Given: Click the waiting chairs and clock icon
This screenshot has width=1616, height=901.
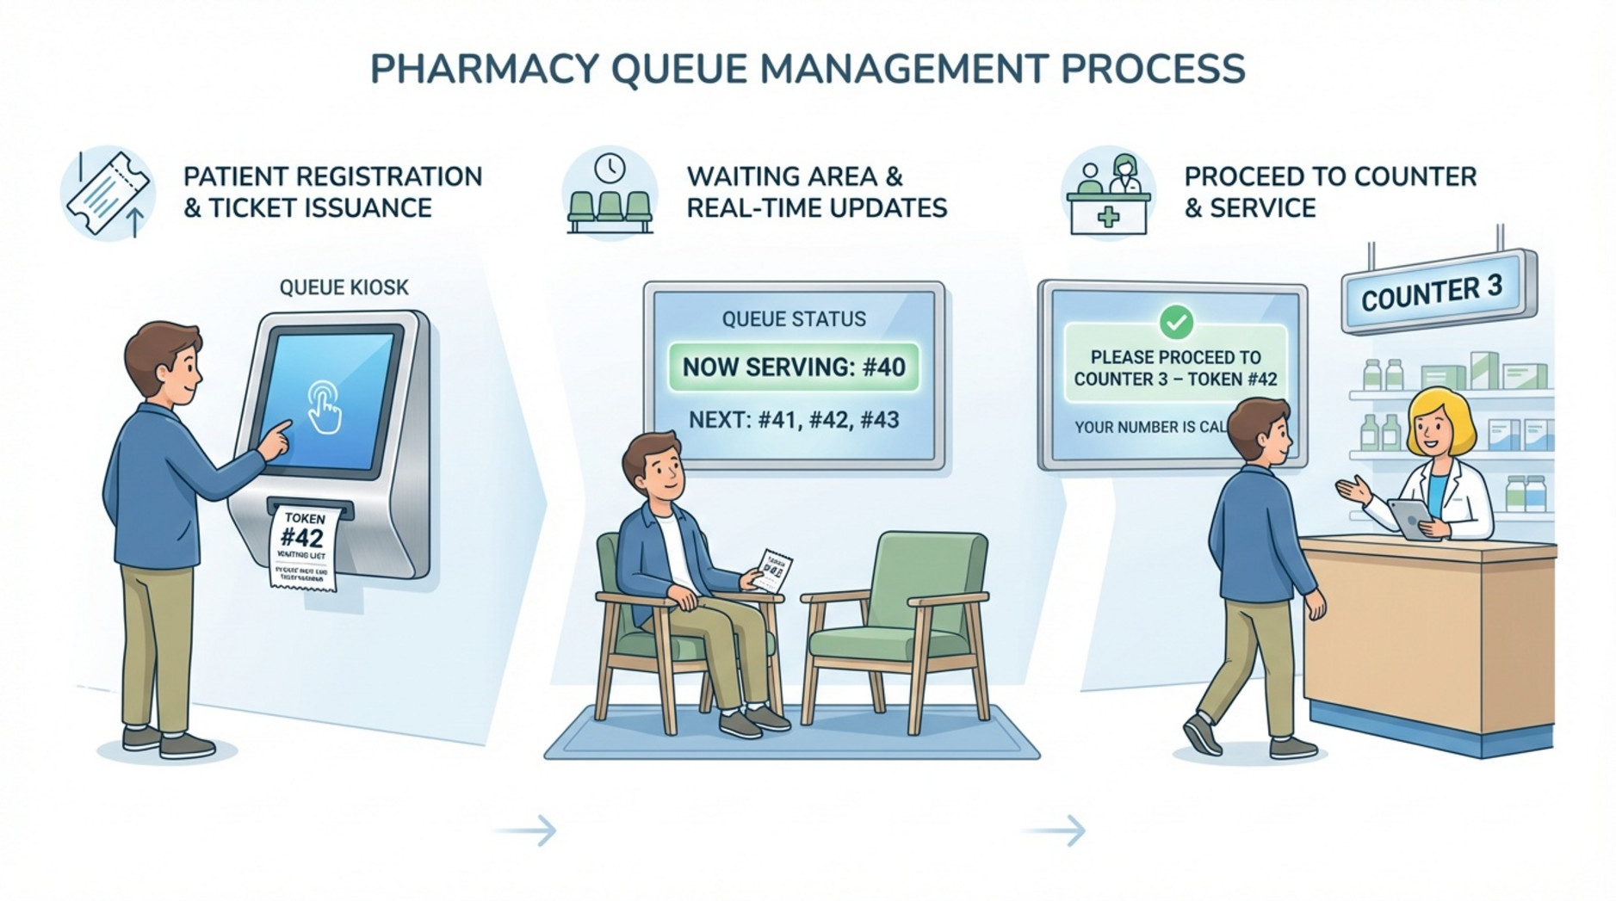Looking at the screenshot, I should pyautogui.click(x=610, y=194).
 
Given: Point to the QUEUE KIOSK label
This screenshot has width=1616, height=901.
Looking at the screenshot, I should pyautogui.click(x=344, y=287).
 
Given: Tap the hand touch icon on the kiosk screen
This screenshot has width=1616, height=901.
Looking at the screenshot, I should pyautogui.click(x=325, y=407).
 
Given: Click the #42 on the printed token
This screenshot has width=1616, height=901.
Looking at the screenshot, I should pyautogui.click(x=302, y=539).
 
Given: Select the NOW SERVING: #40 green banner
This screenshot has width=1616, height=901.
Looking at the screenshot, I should pyautogui.click(x=793, y=367).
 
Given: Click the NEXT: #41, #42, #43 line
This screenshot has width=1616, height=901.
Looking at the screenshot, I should pyautogui.click(x=793, y=420).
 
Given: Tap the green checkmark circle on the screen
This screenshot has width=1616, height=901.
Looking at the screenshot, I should pyautogui.click(x=1176, y=322).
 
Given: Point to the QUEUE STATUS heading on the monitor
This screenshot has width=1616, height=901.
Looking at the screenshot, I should pyautogui.click(x=793, y=319).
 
